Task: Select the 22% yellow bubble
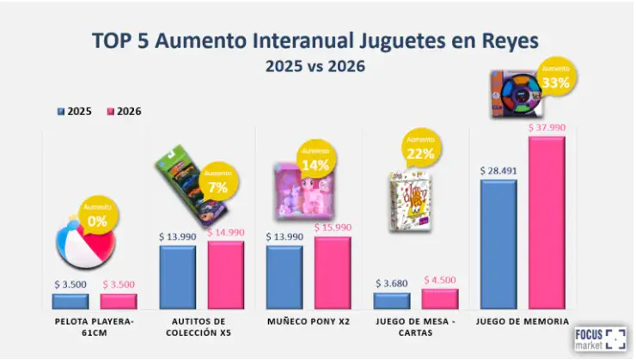coord(421,148)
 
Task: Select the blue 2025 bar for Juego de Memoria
coord(498,244)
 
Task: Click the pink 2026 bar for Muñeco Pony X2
coord(332,272)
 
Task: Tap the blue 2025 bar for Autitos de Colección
coord(177,277)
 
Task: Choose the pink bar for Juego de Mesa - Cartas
coord(439,298)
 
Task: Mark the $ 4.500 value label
coord(439,280)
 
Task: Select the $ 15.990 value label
coord(333,227)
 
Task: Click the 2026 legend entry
coord(124,112)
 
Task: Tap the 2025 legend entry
coord(74,112)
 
